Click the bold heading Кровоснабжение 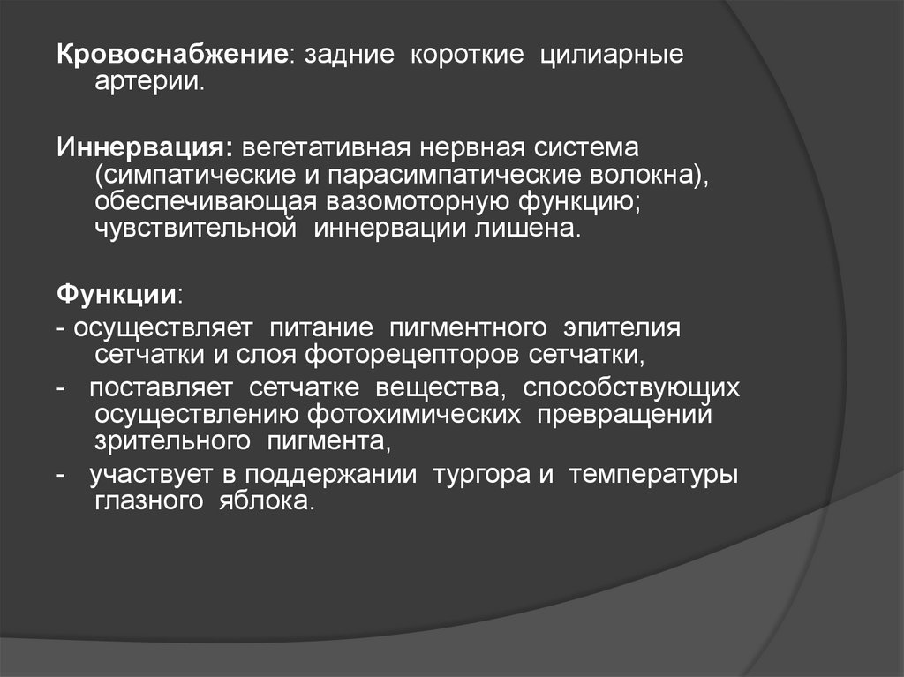click(x=172, y=55)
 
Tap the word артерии click(x=149, y=82)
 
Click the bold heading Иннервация click(x=145, y=147)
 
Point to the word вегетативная click(x=326, y=148)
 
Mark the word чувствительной click(x=195, y=229)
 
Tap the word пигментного click(x=468, y=328)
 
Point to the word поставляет click(x=161, y=388)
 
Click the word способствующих click(x=630, y=389)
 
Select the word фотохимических click(x=413, y=415)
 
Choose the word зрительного click(x=172, y=441)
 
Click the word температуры click(x=653, y=475)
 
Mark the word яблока click(x=267, y=500)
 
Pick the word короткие click(x=467, y=55)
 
